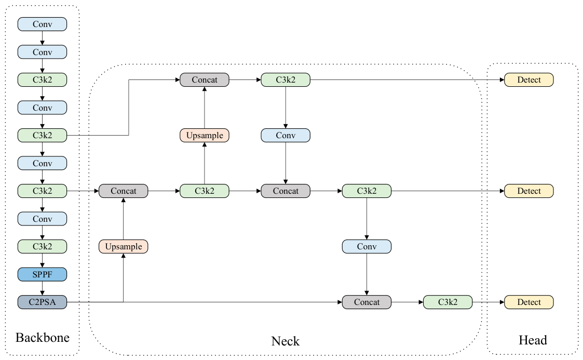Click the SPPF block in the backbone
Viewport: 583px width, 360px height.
tap(43, 274)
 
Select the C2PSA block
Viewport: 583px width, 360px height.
tap(43, 302)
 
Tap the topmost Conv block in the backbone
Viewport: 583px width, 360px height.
tap(43, 24)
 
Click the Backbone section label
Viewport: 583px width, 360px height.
tap(43, 337)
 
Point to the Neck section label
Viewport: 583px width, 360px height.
tap(285, 341)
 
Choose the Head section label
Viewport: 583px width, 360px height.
tap(533, 340)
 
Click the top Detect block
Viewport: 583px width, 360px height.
tap(528, 79)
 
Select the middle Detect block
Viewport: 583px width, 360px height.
tap(528, 191)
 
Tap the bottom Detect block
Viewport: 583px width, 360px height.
tap(528, 302)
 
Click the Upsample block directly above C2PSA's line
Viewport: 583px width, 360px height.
tap(124, 247)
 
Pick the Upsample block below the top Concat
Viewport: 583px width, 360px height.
tap(205, 136)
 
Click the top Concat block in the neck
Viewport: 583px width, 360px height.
tap(205, 79)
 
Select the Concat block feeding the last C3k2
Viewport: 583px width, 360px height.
tap(367, 302)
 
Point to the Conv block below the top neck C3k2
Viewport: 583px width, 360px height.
tap(286, 136)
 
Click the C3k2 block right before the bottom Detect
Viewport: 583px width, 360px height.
tap(448, 302)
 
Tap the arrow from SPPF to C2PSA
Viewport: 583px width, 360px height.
tap(43, 288)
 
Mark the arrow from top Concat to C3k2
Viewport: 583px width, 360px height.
tap(245, 79)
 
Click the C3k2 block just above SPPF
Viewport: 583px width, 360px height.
tap(43, 247)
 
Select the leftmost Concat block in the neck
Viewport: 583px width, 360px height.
tap(124, 191)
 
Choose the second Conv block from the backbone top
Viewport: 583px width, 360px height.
tap(43, 52)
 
